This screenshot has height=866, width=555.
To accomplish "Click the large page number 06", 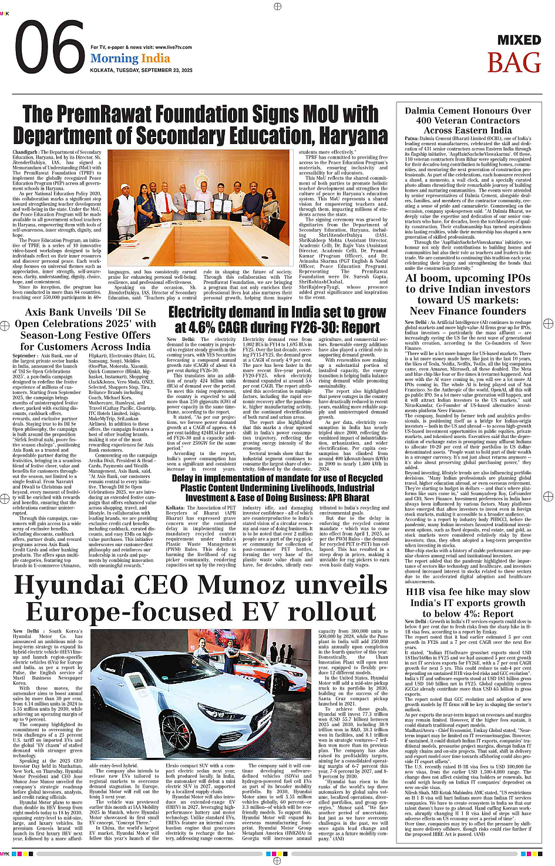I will click(49, 48).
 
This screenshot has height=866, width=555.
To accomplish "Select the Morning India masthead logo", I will click(130, 58).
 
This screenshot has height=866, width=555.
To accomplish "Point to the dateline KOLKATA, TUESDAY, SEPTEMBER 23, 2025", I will click(142, 70).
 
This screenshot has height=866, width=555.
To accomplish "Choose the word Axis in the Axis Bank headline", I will click(39, 312).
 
